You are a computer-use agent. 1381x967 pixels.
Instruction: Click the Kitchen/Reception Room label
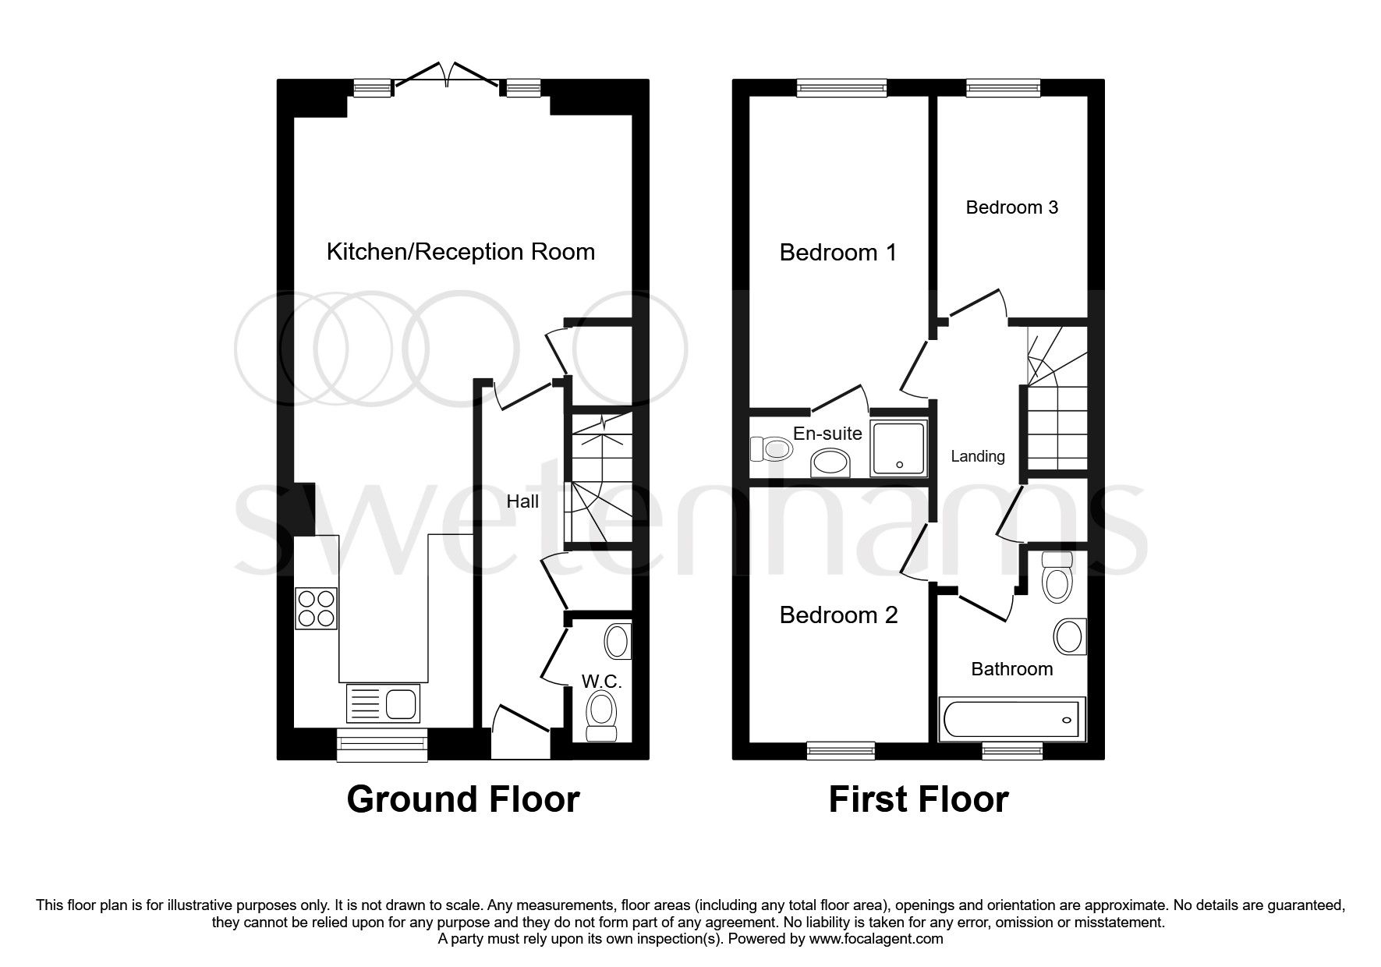coord(460,252)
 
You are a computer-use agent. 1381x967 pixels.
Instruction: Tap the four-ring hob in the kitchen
coord(316,608)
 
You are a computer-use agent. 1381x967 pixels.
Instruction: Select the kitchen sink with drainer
coord(382,703)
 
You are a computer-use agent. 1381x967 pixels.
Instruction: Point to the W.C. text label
coord(601,681)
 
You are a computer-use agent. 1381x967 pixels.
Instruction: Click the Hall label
coord(522,501)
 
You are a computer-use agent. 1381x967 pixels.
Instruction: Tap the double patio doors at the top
coord(447,76)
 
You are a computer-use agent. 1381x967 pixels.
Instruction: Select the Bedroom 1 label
coord(838,253)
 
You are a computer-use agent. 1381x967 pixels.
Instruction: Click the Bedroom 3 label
coord(1011,207)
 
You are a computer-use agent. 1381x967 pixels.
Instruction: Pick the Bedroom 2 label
coord(838,615)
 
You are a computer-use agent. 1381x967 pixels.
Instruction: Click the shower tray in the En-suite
coord(899,448)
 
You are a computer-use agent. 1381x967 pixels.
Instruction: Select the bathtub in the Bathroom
coord(1011,719)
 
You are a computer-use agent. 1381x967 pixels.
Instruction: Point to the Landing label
coord(977,457)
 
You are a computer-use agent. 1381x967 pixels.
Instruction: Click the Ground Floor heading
coord(462,799)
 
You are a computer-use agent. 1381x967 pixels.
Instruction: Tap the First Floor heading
coord(918,799)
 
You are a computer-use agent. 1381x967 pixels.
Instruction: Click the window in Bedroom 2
coord(841,750)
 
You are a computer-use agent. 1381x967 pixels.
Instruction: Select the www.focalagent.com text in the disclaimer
coord(876,939)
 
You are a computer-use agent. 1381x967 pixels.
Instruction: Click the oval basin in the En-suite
coord(832,463)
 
